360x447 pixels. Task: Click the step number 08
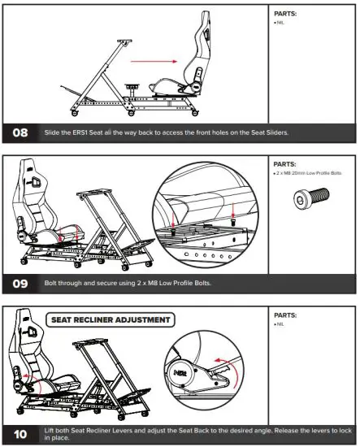click(x=22, y=132)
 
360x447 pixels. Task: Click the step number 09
click(x=22, y=285)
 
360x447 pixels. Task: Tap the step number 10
click(x=22, y=434)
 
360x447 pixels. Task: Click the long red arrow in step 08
click(x=155, y=60)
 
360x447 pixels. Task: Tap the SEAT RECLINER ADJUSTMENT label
click(x=111, y=319)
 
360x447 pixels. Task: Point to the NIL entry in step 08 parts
click(x=280, y=24)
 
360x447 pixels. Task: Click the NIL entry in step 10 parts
click(x=280, y=324)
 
